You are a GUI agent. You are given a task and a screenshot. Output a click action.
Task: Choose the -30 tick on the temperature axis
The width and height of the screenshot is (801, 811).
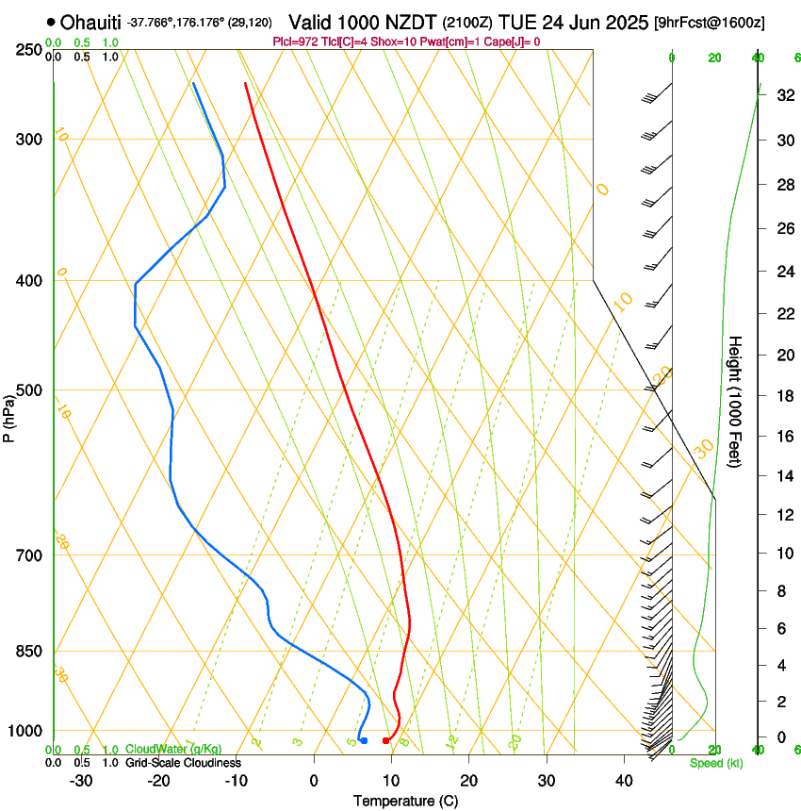click(x=81, y=781)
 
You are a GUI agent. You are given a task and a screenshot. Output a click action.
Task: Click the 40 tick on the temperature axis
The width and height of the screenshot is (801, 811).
click(x=624, y=781)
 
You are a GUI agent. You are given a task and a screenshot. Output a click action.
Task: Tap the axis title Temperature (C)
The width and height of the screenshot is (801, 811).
click(x=405, y=801)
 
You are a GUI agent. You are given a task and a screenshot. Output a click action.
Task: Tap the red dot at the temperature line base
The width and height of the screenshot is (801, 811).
click(x=385, y=740)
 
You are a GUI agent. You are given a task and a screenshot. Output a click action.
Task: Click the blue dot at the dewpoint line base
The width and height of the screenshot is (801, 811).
click(x=364, y=740)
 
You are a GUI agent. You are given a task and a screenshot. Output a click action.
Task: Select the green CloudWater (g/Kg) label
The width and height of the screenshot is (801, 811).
click(x=174, y=749)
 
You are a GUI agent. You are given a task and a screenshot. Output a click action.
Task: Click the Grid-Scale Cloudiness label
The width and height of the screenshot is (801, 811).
click(x=183, y=762)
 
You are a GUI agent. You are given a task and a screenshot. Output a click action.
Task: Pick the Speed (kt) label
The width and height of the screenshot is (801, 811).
click(x=715, y=763)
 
